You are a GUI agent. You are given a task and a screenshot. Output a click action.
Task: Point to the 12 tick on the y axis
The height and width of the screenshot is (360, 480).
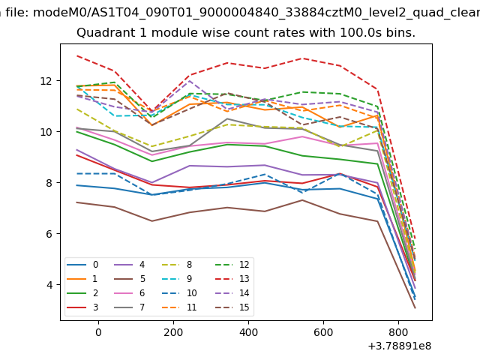pyautogui.click(x=47, y=81)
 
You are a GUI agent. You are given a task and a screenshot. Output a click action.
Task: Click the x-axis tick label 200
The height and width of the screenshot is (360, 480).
pyautogui.click(x=173, y=332)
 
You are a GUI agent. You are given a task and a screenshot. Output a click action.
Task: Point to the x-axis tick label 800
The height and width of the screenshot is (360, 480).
pyautogui.click(x=398, y=332)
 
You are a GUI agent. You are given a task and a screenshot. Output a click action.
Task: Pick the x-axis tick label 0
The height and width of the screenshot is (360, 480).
pyautogui.click(x=98, y=332)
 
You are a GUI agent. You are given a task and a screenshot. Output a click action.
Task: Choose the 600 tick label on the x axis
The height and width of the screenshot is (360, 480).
pyautogui.click(x=323, y=332)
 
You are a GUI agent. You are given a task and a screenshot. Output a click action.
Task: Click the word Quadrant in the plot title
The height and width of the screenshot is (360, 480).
pyautogui.click(x=102, y=33)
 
